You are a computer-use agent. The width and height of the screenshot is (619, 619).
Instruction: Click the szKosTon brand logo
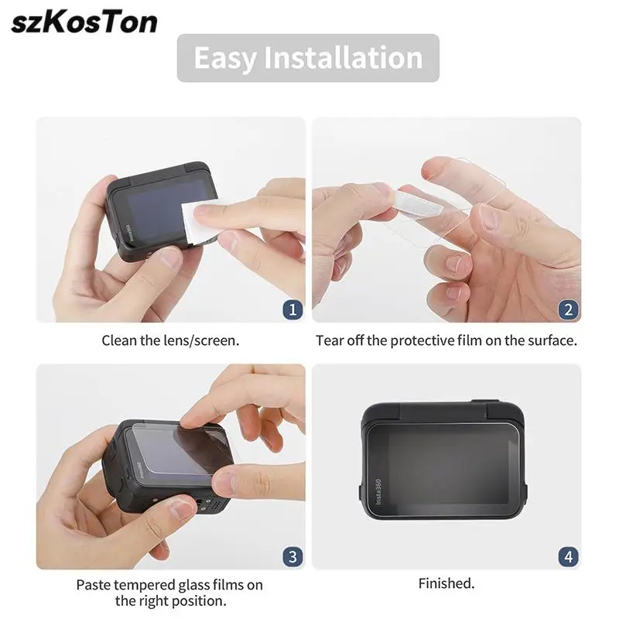pos(84,22)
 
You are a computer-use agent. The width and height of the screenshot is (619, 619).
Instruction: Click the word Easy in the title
pos(225,58)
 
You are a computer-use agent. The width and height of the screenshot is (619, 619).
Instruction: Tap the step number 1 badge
pos(292,309)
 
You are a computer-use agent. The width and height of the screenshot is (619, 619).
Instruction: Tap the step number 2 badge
pos(569,309)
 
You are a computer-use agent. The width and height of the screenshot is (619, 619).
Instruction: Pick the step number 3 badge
pos(292,556)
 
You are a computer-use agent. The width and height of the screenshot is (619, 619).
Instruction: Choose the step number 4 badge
pos(569,556)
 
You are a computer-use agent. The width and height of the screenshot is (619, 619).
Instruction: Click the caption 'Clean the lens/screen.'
pos(171,340)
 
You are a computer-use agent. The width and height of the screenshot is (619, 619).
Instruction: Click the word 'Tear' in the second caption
pos(330,340)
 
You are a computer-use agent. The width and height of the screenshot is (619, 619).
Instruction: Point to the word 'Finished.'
pos(446,583)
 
